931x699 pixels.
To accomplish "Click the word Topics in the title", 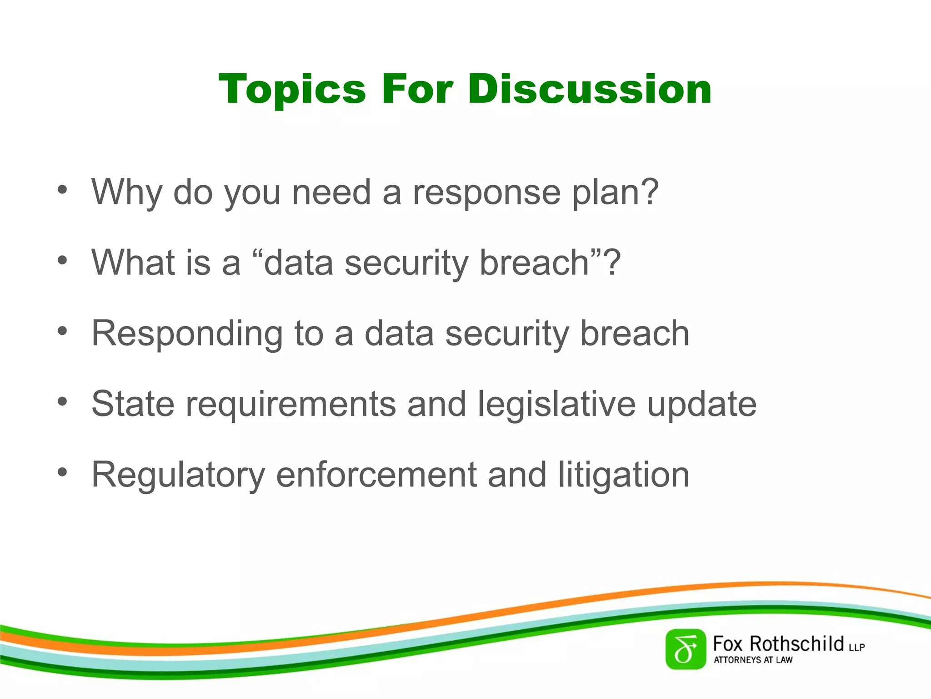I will pyautogui.click(x=292, y=90).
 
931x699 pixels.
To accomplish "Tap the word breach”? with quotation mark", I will pyautogui.click(x=550, y=263).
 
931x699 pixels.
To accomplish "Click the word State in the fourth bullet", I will pyautogui.click(x=133, y=404).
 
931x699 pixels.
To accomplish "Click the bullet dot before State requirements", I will pyautogui.click(x=62, y=402).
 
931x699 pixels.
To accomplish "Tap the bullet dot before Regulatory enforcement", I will pyautogui.click(x=62, y=472).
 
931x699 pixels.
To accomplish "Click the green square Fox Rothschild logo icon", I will pyautogui.click(x=686, y=649).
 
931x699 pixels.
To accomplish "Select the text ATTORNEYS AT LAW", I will pyautogui.click(x=753, y=660).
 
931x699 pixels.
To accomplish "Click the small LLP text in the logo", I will pyautogui.click(x=856, y=647).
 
